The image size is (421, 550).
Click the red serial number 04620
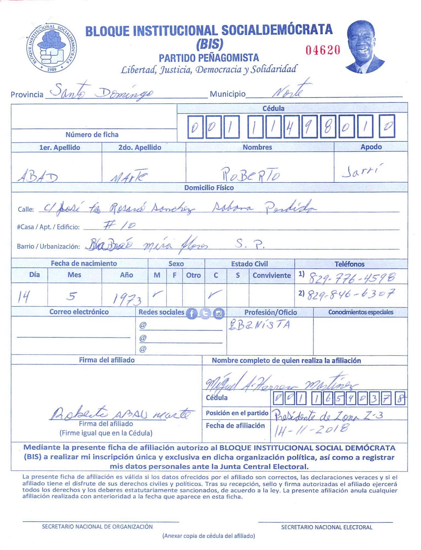click(x=323, y=50)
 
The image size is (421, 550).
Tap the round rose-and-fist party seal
click(x=51, y=48)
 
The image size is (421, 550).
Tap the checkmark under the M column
click(x=157, y=294)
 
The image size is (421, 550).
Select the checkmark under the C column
click(x=215, y=294)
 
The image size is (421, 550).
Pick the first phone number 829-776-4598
click(x=352, y=278)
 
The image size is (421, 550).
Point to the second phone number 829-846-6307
click(x=351, y=295)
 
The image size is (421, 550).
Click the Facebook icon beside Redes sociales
click(x=192, y=313)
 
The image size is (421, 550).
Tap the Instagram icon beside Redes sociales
click(x=219, y=313)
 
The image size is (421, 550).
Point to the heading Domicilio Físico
click(x=209, y=188)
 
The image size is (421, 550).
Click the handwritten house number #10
click(x=119, y=226)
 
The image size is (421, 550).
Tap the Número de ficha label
click(x=92, y=135)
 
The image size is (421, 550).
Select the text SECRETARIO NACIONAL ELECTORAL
click(x=327, y=527)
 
